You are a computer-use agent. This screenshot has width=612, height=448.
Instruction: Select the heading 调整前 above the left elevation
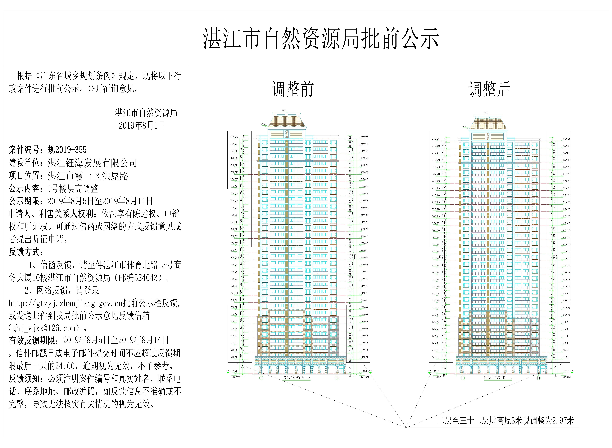293,90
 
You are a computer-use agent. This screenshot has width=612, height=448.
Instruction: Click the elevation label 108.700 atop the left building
284,111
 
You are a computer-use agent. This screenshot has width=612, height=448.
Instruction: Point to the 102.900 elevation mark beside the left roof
263,125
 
